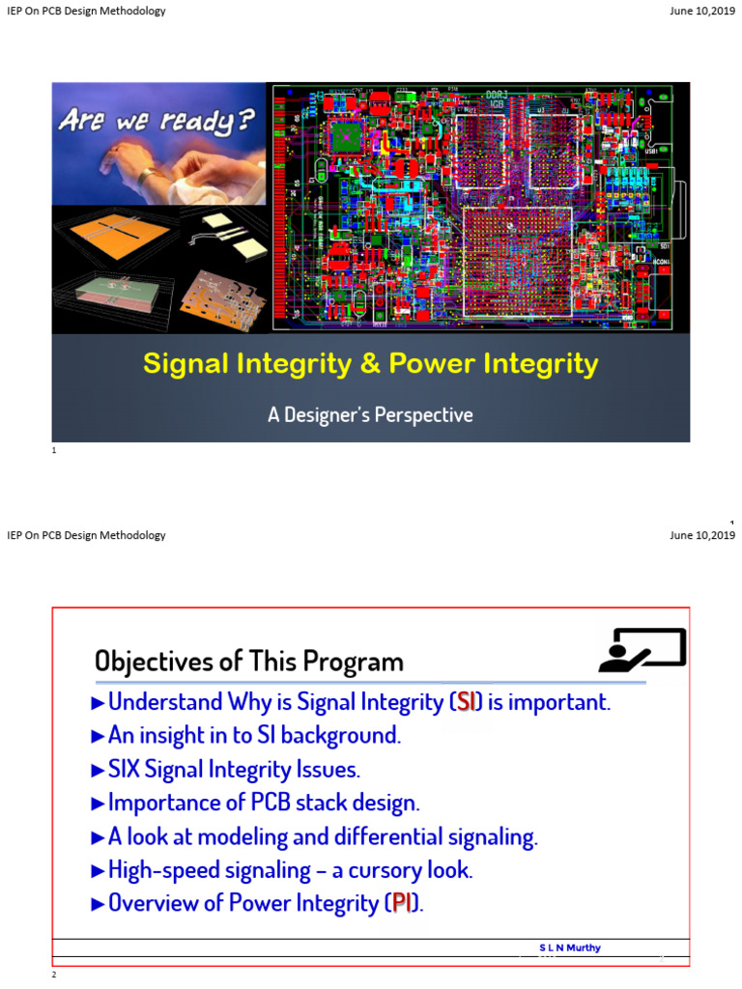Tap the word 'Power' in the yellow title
pos(433,364)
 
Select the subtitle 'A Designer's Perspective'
pos(370,415)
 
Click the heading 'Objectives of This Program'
pos(248,662)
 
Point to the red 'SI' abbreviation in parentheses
pos(467,702)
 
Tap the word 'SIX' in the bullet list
pos(127,770)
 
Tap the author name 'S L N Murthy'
pos(569,947)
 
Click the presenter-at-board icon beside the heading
pos(642,649)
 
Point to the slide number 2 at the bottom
pos(54,975)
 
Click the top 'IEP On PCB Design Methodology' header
pos(86,12)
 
